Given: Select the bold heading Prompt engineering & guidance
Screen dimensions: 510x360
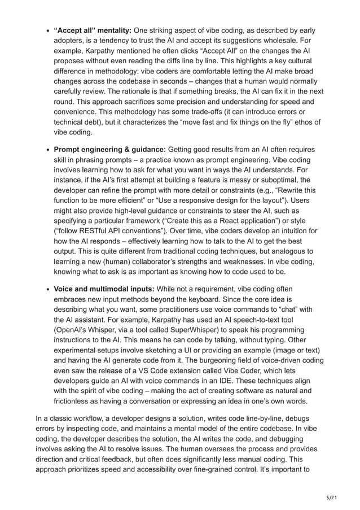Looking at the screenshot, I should point(109,149).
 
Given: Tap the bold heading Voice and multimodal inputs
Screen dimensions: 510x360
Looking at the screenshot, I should point(104,289).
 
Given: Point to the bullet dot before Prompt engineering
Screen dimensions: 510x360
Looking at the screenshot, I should point(46,150).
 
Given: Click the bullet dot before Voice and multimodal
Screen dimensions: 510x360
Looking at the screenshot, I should point(46,289).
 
